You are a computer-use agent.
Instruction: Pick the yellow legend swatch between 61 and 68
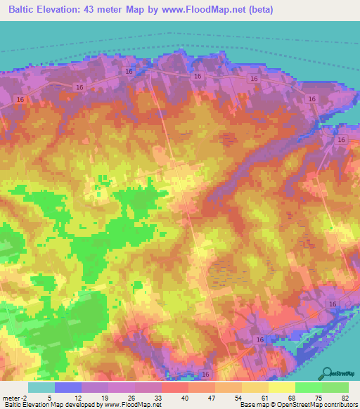pos(281,387)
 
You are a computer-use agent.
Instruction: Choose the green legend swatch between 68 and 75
pos(308,387)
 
